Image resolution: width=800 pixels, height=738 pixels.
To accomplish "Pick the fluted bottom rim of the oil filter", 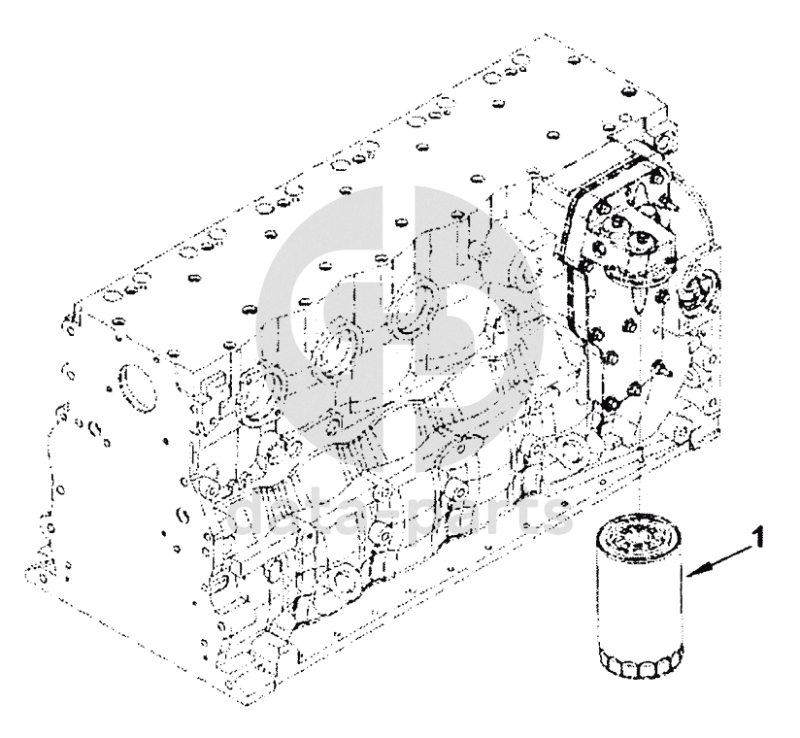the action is click(x=637, y=665).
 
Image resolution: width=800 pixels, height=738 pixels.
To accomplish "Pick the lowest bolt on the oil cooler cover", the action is click(x=609, y=404).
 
